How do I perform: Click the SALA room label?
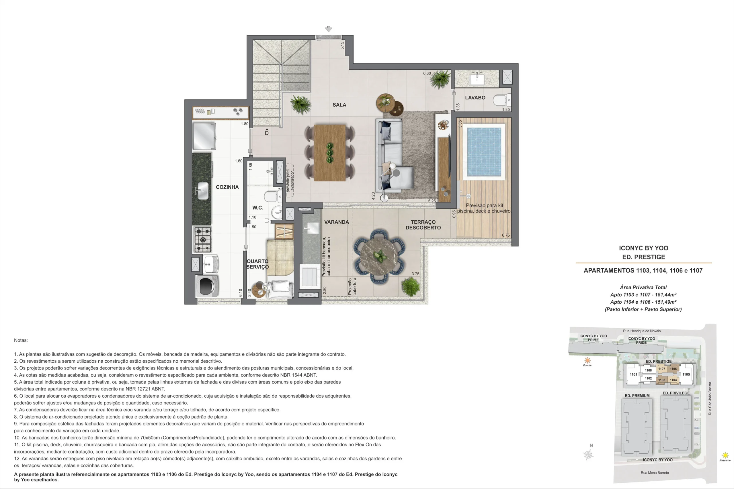pos(339,105)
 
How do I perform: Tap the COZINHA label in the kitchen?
pos(227,187)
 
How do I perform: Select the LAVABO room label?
pos(475,98)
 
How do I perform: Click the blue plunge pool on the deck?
pos(484,152)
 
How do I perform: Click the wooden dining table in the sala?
pos(330,153)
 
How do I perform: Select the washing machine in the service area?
pos(207,286)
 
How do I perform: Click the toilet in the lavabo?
pos(502,100)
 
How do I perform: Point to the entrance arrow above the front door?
pos(328,29)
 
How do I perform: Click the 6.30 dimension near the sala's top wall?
pos(427,73)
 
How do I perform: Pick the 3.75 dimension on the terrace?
pos(415,274)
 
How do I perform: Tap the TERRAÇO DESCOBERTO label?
pos(423,225)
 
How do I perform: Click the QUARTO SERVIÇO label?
pos(257,264)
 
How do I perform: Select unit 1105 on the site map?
pos(686,374)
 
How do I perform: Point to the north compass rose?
pos(588,455)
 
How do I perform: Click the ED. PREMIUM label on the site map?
pos(637,396)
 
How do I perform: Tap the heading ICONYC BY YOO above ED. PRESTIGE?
pos(643,248)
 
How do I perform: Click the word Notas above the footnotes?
pos(21,340)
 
